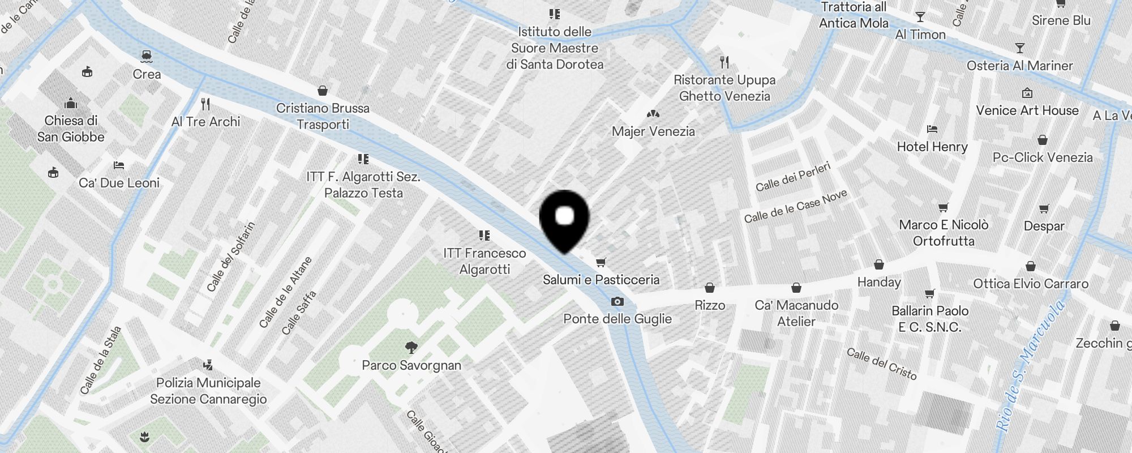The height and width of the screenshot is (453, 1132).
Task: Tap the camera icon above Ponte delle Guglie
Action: [x=617, y=302]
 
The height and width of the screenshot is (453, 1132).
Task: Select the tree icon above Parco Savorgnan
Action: [x=411, y=347]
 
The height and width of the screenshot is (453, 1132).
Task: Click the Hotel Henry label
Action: [x=932, y=147]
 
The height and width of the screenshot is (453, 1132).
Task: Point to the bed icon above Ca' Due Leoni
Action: [x=118, y=165]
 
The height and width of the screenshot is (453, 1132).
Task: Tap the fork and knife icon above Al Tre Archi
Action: [x=205, y=104]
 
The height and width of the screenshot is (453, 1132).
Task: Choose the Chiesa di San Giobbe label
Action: [x=71, y=129]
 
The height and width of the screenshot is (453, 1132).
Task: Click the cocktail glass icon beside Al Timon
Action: [x=920, y=17]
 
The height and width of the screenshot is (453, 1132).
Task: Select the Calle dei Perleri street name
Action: [x=793, y=177]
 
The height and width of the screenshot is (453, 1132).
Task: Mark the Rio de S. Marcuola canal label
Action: [x=1030, y=366]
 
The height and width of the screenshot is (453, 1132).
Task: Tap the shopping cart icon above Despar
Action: [x=1044, y=209]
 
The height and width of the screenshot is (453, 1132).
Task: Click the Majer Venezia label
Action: [x=653, y=131]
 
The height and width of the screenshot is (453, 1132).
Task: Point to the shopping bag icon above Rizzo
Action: [x=710, y=288]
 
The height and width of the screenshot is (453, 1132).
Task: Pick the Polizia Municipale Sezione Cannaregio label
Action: [x=208, y=391]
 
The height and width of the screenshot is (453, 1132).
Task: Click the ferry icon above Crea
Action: [x=146, y=55]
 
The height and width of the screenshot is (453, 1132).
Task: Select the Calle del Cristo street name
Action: [x=881, y=363]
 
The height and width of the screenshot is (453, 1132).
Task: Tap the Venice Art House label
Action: [x=1027, y=110]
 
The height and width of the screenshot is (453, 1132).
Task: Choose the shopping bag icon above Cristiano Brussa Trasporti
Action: [x=323, y=91]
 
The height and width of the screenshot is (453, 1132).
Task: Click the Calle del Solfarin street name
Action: [x=230, y=257]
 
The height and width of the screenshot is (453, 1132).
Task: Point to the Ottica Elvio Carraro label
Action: [x=1031, y=284]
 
